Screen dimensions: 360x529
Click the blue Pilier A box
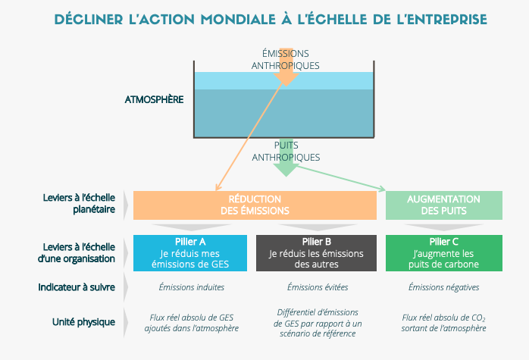191,252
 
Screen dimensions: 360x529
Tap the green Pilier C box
444,252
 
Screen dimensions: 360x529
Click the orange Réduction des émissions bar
255,205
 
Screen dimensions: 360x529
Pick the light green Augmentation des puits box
444,205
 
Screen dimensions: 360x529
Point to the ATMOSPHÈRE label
152,99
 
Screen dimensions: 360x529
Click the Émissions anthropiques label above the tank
285,60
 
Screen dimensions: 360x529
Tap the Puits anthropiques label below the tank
286,151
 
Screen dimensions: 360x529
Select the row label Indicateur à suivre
77,287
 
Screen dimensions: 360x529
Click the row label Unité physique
84,321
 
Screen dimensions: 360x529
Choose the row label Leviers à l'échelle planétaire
79,205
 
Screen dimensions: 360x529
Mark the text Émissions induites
191,287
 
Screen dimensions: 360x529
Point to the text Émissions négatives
443,287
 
